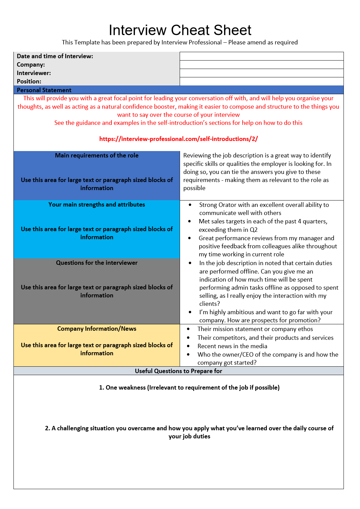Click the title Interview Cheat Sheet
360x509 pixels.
[x=180, y=30]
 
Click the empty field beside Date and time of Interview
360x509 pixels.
[x=261, y=56]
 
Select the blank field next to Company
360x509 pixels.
[x=261, y=65]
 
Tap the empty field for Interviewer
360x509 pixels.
[x=261, y=73]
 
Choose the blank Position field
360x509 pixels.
[x=261, y=81]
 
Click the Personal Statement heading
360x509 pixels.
[x=44, y=90]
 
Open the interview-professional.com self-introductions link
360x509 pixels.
[x=178, y=139]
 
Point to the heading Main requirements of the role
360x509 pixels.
[x=97, y=155]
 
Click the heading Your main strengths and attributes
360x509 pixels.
[x=97, y=205]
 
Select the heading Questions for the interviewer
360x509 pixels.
[x=97, y=263]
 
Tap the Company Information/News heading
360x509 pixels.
[x=97, y=329]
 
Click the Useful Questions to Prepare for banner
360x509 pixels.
[x=178, y=371]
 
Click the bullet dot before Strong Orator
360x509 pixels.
[x=190, y=205]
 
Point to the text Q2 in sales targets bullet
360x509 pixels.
[x=253, y=230]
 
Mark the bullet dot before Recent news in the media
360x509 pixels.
[x=188, y=346]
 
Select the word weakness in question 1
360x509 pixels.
[x=132, y=388]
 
